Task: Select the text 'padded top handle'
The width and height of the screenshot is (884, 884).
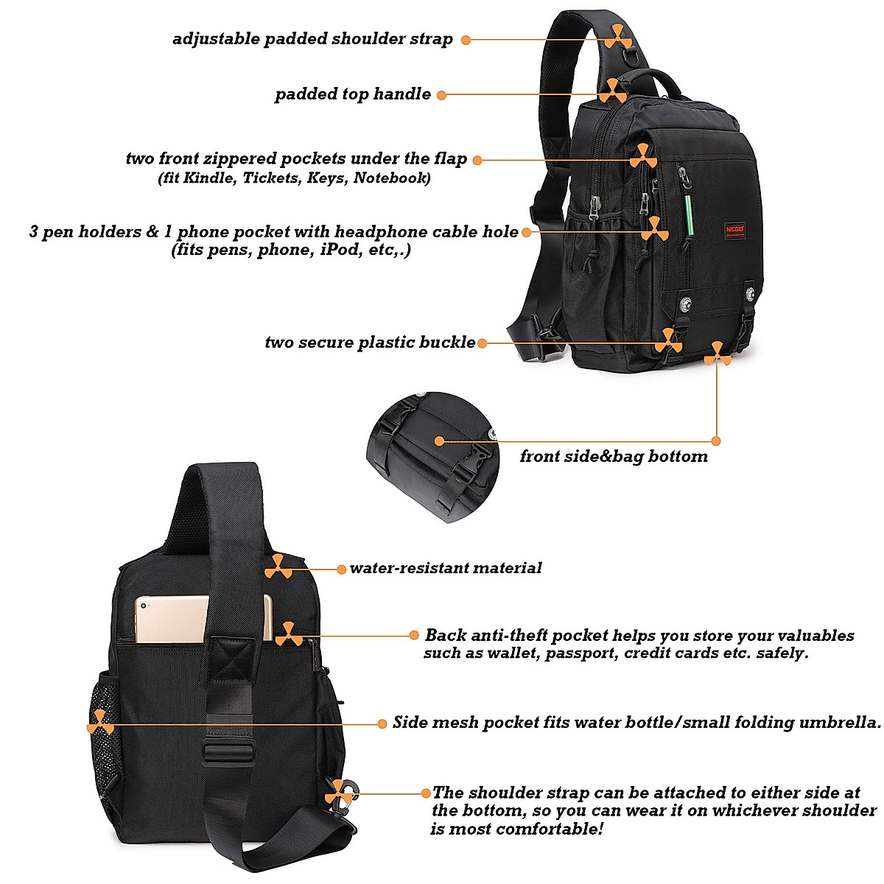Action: coord(353,94)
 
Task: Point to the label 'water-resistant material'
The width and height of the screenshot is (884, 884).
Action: coord(446,568)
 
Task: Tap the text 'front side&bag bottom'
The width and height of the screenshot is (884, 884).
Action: coord(614,457)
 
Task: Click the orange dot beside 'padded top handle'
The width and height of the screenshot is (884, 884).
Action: coord(441,95)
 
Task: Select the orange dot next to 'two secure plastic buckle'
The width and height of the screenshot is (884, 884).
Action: coord(482,343)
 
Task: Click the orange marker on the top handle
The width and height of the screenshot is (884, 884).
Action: coord(613,92)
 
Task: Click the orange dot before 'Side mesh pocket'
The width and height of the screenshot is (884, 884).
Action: coord(382,723)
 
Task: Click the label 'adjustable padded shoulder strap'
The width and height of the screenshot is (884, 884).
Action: coord(312,39)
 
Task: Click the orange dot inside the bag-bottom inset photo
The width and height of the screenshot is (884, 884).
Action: coord(440,441)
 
